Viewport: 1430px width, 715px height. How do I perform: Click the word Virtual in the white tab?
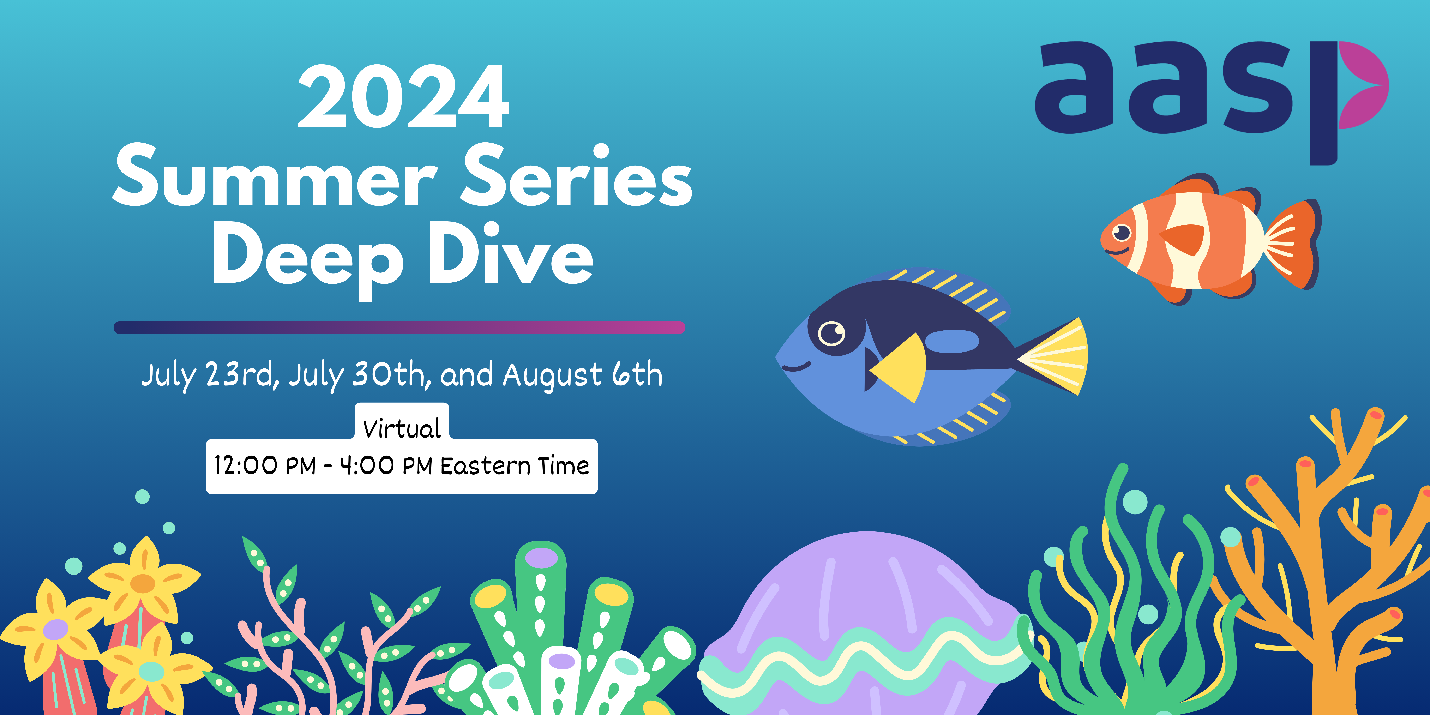coord(402,428)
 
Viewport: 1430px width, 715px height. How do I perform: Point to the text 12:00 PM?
coord(265,465)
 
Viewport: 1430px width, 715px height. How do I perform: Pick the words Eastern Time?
coord(515,465)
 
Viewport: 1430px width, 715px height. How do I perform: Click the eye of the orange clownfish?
coord(1122,232)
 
